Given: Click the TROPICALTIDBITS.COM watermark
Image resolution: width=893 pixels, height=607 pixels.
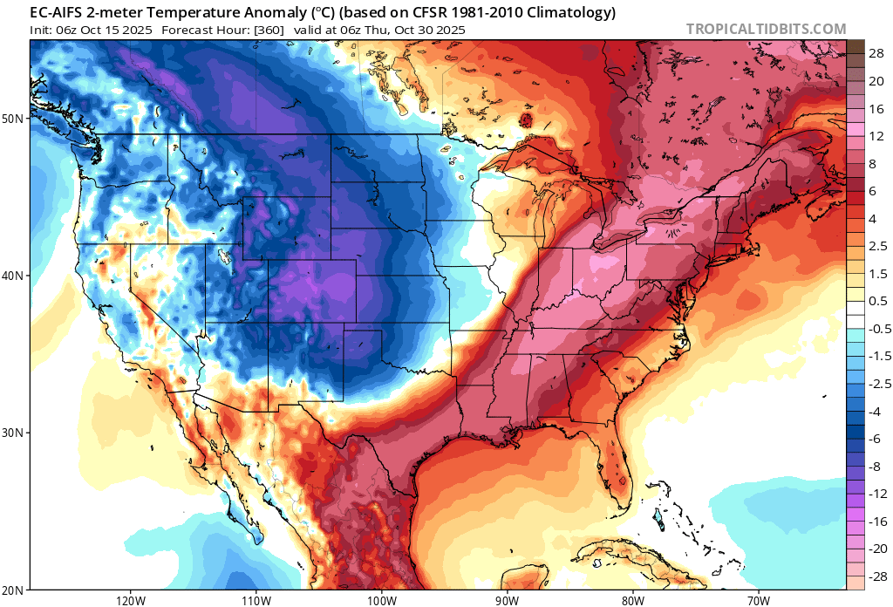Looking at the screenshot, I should coord(766,29).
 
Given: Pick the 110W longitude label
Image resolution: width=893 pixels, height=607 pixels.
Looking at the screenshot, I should coord(256,600).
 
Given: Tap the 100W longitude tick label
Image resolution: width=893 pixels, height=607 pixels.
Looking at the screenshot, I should coord(381,600).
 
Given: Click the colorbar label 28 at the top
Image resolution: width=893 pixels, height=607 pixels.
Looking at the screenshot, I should coord(876,53).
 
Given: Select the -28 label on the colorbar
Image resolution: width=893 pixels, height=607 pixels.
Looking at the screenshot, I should coord(875,577).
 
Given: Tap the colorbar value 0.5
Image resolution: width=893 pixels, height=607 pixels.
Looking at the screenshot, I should coord(876,301).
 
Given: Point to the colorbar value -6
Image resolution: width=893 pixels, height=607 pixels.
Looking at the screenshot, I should coord(875,439).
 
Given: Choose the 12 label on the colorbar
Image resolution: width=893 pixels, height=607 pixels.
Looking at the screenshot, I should coord(876,136).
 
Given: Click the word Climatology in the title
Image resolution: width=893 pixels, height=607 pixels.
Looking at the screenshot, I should coord(572,12).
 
